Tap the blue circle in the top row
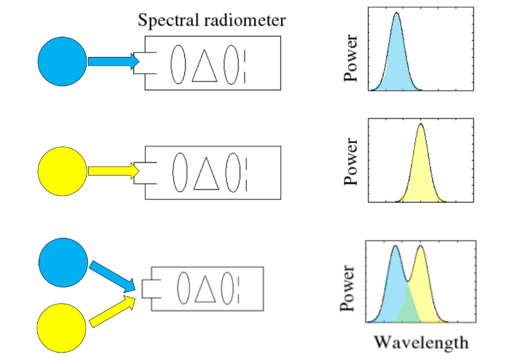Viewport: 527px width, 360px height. [x=62, y=62]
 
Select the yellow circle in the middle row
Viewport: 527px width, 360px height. [x=62, y=170]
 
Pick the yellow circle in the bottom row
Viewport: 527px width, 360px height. [x=62, y=326]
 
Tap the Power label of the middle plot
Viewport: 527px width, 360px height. [x=350, y=163]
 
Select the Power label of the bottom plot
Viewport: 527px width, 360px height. [x=350, y=287]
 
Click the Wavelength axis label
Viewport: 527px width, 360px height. [x=421, y=342]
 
